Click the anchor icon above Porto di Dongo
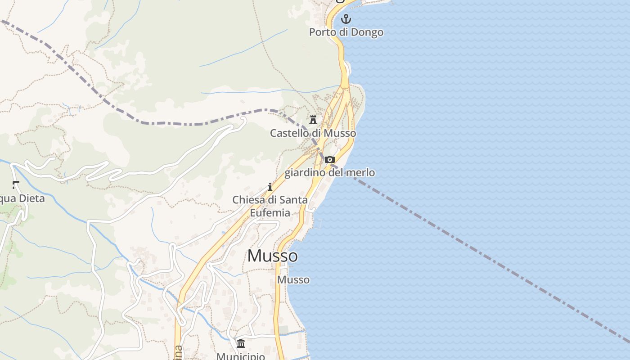[x=346, y=19]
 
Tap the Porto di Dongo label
[x=346, y=32]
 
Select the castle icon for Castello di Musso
[x=313, y=120]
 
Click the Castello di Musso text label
[x=313, y=133]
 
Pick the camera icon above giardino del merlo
[x=330, y=160]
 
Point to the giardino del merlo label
[x=329, y=173]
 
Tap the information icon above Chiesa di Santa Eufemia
[x=270, y=187]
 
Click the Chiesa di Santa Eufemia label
[x=270, y=206]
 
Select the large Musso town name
[x=272, y=256]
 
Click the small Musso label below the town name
[x=293, y=280]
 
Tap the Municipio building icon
[x=241, y=344]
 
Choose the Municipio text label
[x=240, y=356]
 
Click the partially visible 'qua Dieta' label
[x=22, y=198]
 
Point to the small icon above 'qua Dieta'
[x=16, y=184]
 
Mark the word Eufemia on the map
[x=270, y=213]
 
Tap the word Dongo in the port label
[x=367, y=32]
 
